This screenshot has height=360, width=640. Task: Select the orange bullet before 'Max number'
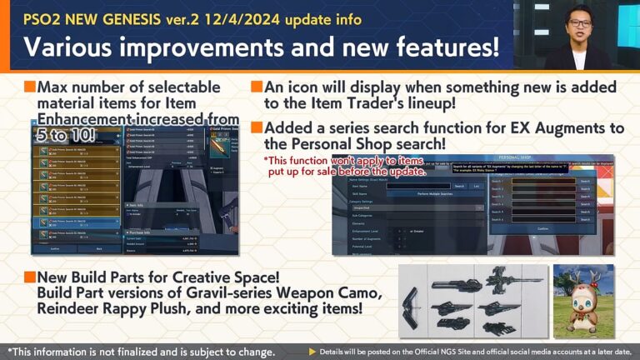coord(30,87)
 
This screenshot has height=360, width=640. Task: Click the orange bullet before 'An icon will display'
coord(257,87)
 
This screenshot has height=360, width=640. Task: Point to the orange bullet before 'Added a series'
coord(257,127)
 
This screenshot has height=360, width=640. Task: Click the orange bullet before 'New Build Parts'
coord(30,276)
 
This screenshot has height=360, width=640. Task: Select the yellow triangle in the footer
coord(312,352)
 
